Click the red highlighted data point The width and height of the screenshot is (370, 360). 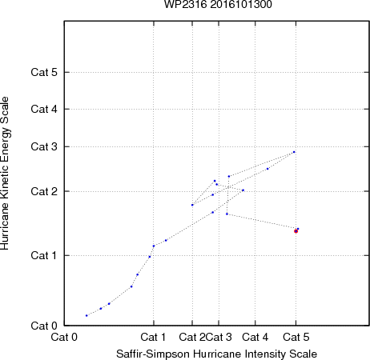(296, 231)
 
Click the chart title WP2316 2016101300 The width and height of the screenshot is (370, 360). (218, 4)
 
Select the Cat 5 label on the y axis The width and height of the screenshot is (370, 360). (44, 72)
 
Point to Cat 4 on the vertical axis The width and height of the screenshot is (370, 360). (44, 109)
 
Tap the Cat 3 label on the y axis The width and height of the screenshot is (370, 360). (44, 146)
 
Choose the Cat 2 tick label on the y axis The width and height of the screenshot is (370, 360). (44, 191)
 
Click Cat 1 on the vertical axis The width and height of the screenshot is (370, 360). (44, 255)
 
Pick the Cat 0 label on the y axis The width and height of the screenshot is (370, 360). (44, 326)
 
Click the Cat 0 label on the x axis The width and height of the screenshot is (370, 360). (64, 337)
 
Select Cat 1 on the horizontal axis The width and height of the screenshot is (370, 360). (153, 337)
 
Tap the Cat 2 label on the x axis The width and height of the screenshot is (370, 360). (192, 337)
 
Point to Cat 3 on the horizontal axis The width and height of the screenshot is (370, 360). (219, 337)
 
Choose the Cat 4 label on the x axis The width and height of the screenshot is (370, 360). (255, 337)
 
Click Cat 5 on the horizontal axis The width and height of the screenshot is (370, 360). (296, 337)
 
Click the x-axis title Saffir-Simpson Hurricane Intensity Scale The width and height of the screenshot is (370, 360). (217, 354)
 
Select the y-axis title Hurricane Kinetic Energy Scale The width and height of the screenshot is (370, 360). (5, 173)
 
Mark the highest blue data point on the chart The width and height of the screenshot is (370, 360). (294, 152)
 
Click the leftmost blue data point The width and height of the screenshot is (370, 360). (86, 316)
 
